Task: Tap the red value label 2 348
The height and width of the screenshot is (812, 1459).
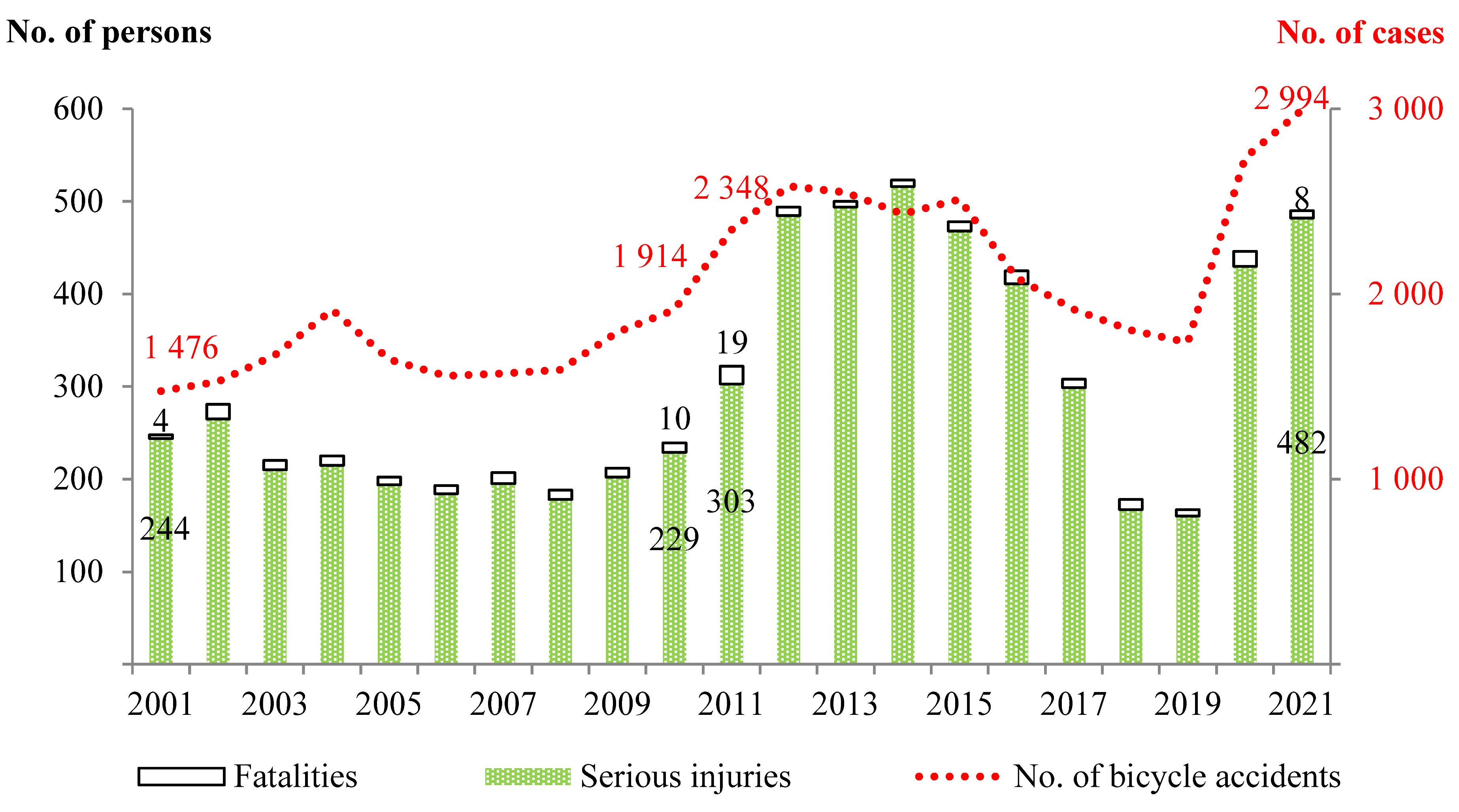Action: tap(731, 188)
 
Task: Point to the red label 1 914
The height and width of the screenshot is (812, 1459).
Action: tap(650, 256)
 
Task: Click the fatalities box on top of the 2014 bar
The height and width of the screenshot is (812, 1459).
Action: tap(902, 183)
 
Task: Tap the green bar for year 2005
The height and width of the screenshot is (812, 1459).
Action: tap(389, 571)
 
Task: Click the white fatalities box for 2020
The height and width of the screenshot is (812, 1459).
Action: tap(1245, 259)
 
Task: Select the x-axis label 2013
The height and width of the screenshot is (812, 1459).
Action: tap(844, 705)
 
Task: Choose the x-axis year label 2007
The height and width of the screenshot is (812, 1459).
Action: tap(502, 705)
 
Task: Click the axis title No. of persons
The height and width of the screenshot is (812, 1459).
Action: tap(109, 32)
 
